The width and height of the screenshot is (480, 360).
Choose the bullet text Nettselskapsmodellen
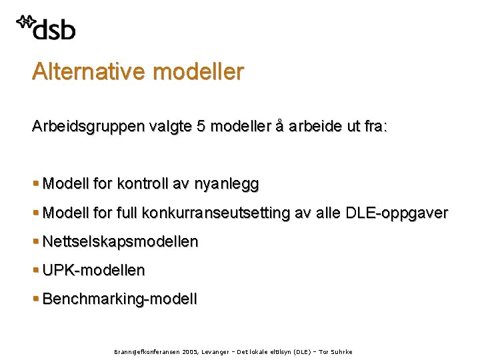(120, 241)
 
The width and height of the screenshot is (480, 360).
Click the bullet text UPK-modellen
(93, 270)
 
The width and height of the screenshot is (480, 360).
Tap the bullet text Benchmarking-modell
(120, 299)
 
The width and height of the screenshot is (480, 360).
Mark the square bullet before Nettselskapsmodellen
(35, 241)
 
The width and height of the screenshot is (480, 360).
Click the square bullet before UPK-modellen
(35, 270)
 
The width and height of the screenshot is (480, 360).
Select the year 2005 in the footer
(181, 352)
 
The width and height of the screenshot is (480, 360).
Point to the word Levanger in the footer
(210, 352)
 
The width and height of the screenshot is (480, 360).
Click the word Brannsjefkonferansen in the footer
(138, 352)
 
